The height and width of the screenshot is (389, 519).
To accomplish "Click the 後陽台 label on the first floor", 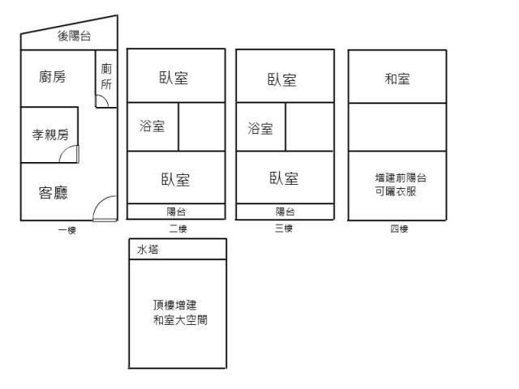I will (x=74, y=36).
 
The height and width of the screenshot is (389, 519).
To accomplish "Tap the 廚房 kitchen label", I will (x=52, y=77).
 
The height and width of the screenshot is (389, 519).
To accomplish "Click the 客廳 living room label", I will (x=53, y=192).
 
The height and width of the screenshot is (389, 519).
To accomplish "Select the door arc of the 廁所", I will (x=101, y=100).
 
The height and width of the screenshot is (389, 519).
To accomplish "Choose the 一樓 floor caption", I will (x=67, y=230).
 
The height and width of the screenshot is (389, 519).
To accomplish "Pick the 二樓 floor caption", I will (x=178, y=229).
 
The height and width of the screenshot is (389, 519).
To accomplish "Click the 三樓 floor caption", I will (x=283, y=229).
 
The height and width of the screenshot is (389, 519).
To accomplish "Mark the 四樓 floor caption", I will (x=398, y=229).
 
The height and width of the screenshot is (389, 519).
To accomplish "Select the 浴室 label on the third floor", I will (x=260, y=128).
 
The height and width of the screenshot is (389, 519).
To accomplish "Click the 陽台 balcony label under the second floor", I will (x=176, y=212).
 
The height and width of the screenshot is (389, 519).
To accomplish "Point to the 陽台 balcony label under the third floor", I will (x=285, y=212).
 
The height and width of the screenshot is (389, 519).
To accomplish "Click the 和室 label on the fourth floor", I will (x=397, y=79).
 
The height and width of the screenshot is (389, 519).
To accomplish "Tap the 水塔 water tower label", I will (x=148, y=250).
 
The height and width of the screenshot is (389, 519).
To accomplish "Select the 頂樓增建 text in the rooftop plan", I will (x=175, y=305).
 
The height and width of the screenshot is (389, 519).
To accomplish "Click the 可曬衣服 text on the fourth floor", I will (x=396, y=191).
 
